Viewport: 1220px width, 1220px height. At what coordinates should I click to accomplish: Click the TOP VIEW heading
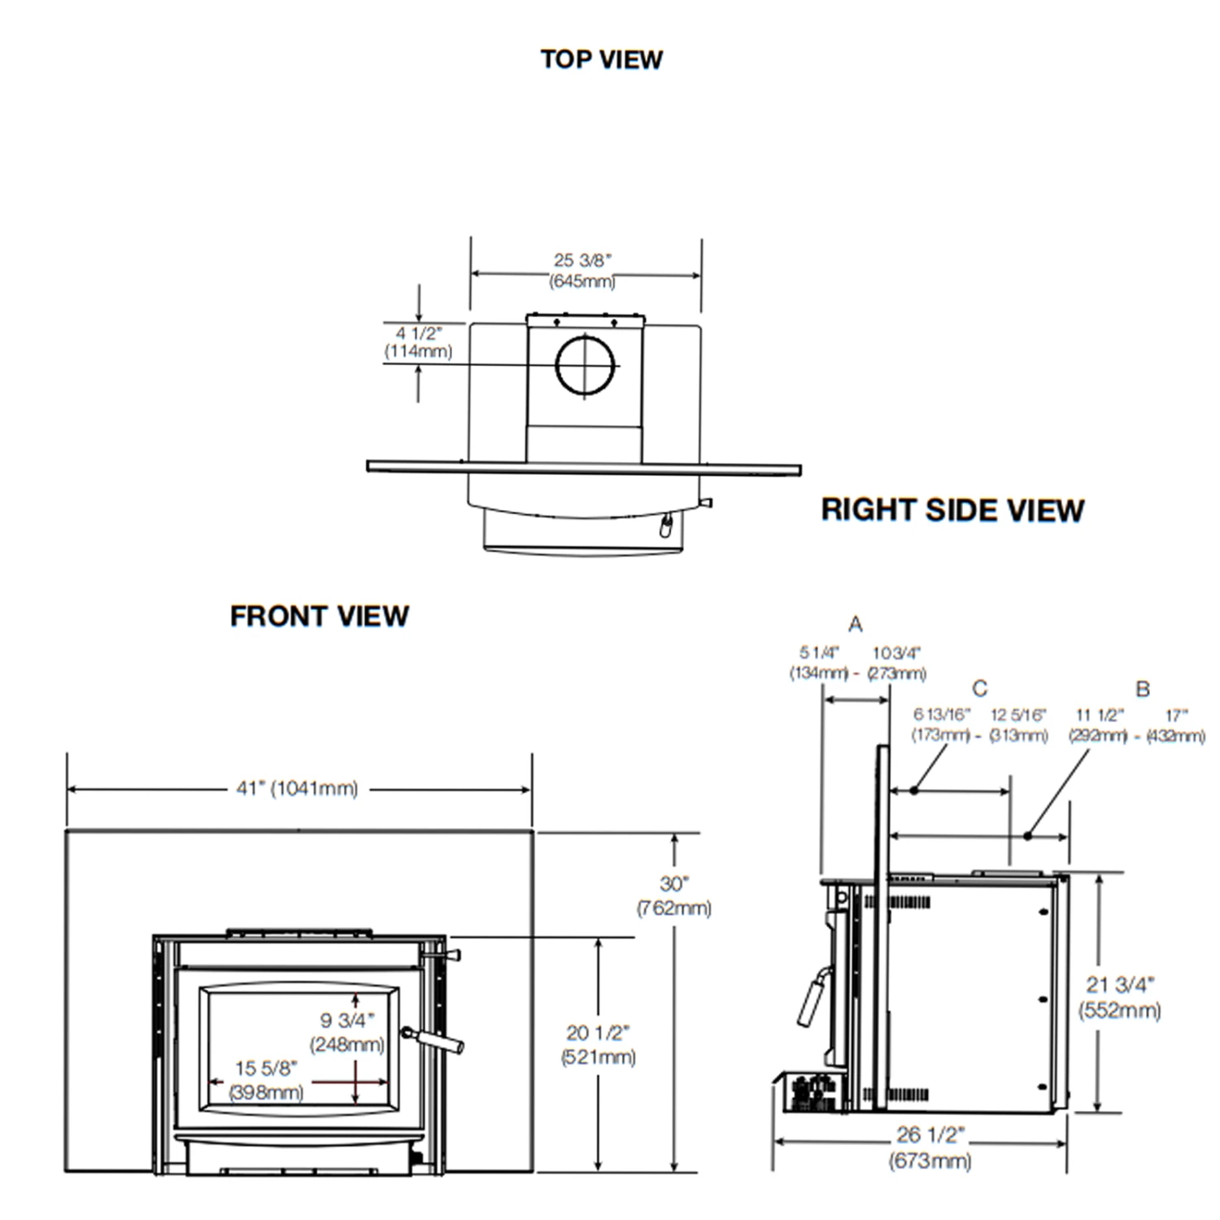coord(602,59)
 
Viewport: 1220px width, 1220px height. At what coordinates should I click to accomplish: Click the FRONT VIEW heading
coord(319,617)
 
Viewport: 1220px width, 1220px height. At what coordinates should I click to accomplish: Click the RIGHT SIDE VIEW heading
coord(952,510)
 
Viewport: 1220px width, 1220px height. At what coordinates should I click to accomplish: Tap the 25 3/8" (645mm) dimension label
coord(582,271)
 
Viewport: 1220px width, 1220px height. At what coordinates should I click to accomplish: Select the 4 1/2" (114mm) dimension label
coord(418,342)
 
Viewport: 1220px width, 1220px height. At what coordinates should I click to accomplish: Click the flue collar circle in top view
coord(585,364)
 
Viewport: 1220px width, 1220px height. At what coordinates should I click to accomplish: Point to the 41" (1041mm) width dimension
coord(297,788)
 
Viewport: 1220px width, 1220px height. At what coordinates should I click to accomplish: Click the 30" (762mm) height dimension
coord(674,895)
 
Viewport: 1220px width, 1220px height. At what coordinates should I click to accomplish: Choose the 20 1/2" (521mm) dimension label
coord(599,1044)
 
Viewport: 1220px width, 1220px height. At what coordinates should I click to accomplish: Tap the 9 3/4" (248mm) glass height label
coord(346,1031)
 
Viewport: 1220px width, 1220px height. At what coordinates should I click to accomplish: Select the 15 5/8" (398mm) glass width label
coord(266,1080)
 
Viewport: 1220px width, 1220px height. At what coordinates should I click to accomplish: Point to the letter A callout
coord(855,625)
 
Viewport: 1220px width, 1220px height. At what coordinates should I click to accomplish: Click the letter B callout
coord(1143,689)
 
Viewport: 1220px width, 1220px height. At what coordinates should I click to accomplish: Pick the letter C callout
coord(980,689)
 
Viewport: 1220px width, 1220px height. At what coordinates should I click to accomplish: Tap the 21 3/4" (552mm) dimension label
coord(1120,997)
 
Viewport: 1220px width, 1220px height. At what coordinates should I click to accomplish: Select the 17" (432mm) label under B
coord(1176,725)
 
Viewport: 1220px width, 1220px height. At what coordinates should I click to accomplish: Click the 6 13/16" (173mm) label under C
coord(941,725)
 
